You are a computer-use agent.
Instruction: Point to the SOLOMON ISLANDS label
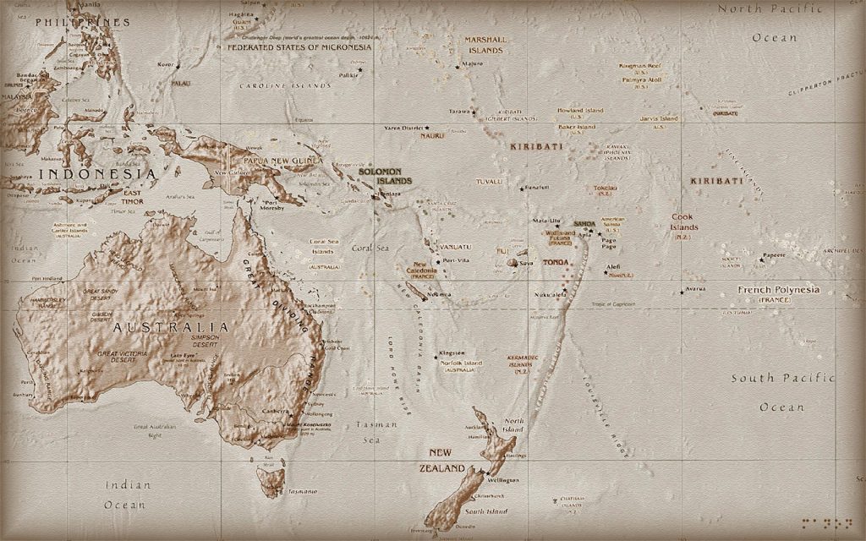385,176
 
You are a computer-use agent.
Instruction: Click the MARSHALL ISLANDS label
484,45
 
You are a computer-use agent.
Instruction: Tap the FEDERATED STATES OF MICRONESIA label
299,47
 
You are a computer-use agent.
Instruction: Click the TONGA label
556,262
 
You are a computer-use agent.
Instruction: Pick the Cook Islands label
684,222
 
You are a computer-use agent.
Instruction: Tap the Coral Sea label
370,248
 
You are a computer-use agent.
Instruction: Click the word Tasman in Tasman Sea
368,423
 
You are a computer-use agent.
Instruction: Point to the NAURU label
431,135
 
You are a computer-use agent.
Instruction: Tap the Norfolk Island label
462,363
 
